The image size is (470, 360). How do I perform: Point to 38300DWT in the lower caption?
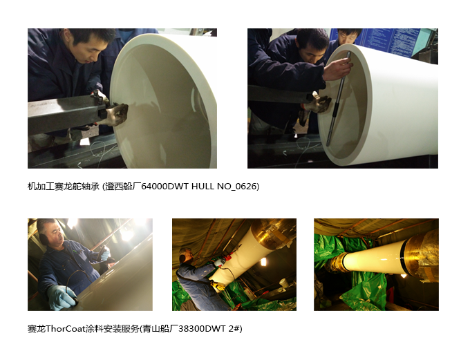pyautogui.click(x=202, y=329)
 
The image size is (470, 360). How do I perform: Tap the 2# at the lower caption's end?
pyautogui.click(x=234, y=329)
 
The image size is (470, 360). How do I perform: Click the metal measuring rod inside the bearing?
pyautogui.click(x=338, y=99)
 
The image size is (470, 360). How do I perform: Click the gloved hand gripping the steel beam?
pyautogui.click(x=116, y=113)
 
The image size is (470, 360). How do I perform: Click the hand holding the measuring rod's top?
pyautogui.click(x=338, y=68)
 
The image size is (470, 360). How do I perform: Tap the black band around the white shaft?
pyautogui.click(x=403, y=255)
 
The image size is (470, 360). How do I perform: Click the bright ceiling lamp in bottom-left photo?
pyautogui.click(x=126, y=234)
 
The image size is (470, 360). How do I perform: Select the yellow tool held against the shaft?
pyautogui.click(x=218, y=286)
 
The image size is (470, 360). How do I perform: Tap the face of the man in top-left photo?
pyautogui.click(x=90, y=52)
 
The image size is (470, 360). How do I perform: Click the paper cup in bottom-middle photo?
pyautogui.click(x=283, y=283)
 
